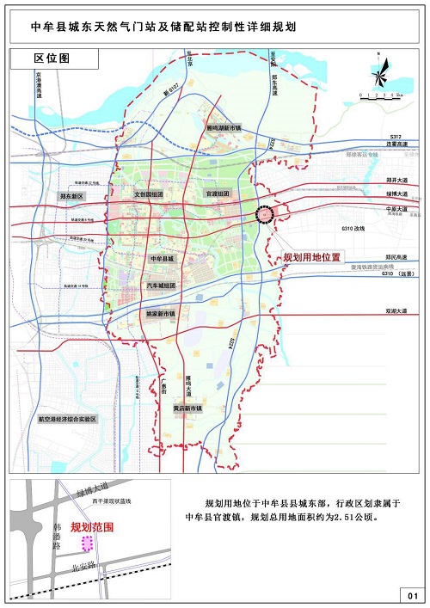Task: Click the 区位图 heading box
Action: (x=52, y=58)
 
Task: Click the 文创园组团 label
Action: (x=155, y=195)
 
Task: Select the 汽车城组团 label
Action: (x=162, y=286)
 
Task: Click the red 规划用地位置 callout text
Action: (x=312, y=257)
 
